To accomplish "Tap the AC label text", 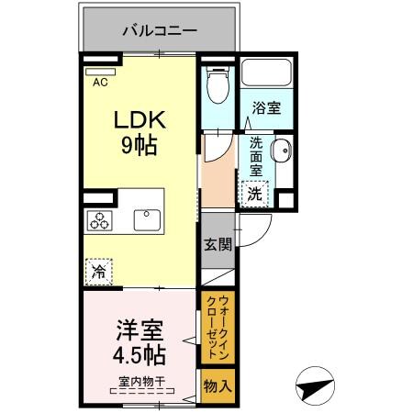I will (100, 82).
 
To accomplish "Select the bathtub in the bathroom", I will (266, 74).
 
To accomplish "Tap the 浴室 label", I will (266, 107).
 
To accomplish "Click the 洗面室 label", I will (256, 156).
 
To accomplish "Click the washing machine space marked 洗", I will (256, 194).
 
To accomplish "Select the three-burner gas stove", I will (100, 219).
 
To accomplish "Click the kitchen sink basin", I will (147, 219).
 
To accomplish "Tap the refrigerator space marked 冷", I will (99, 271).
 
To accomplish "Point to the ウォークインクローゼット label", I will (217, 326).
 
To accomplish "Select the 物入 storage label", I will (217, 386).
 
